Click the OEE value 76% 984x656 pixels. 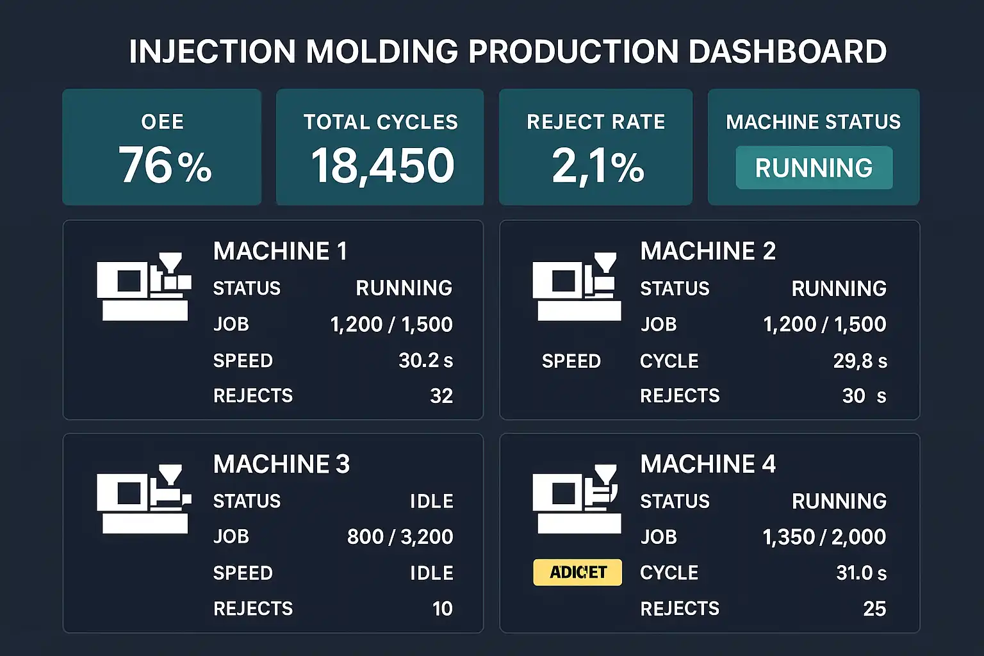point(165,165)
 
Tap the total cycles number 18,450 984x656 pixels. point(382,165)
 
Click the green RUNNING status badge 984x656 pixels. point(814,168)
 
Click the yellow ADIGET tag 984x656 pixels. point(578,572)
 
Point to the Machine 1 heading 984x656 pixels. point(280,251)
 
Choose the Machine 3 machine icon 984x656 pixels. point(144,499)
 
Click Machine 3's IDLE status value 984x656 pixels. point(431,501)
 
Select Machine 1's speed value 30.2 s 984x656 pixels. point(425,361)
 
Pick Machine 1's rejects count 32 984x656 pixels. point(441,396)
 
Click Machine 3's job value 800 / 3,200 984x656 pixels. point(400,537)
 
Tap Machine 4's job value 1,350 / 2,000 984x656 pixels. point(824,537)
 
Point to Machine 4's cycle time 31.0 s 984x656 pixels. point(861,573)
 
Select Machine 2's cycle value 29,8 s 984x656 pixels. point(860,361)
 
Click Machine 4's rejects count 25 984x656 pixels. point(874,609)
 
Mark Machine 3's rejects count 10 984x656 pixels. point(442,609)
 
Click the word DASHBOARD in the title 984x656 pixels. point(787,52)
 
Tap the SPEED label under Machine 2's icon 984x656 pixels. point(571,361)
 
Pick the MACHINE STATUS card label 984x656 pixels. point(813,122)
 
